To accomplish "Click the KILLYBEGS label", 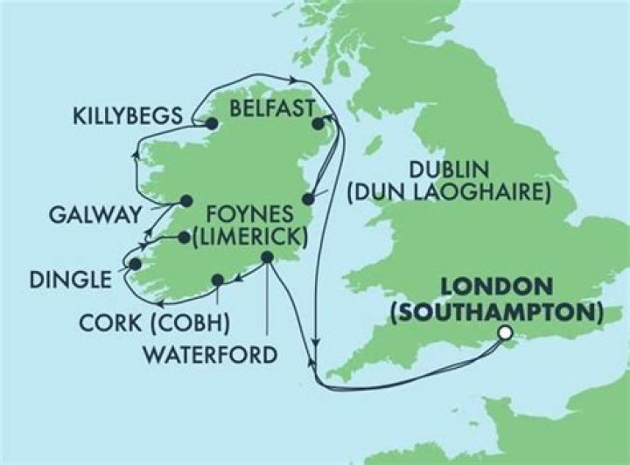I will [129, 115].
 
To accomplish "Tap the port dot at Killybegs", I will [211, 124].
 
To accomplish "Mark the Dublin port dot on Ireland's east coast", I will [307, 198].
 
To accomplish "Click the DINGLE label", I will [71, 281].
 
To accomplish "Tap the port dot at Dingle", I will [135, 262].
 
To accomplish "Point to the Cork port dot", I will [216, 281].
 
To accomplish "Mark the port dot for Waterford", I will [267, 258].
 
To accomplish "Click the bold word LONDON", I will [497, 287].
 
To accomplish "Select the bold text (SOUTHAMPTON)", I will [497, 310].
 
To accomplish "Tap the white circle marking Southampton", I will [504, 332].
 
